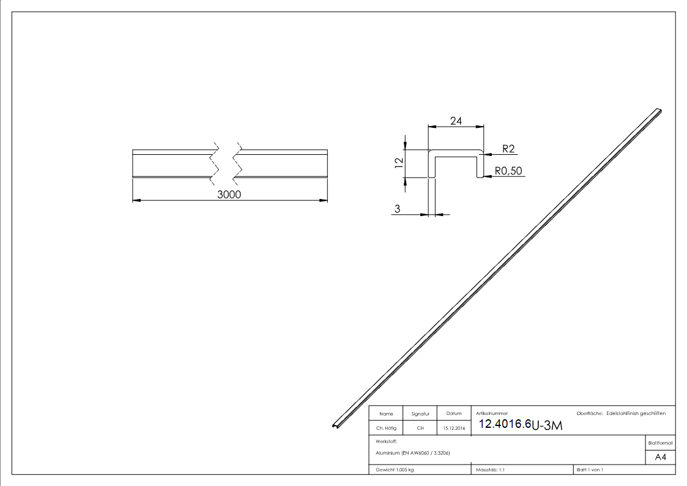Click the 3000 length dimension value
pyautogui.click(x=230, y=194)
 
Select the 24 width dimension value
pyautogui.click(x=456, y=121)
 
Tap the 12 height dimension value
pyautogui.click(x=399, y=163)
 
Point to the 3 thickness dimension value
pyautogui.click(x=397, y=209)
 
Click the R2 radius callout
pyautogui.click(x=508, y=149)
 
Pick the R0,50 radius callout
pyautogui.click(x=509, y=171)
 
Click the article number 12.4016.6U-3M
pyautogui.click(x=519, y=425)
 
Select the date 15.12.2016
pyautogui.click(x=453, y=428)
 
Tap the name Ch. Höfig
pyautogui.click(x=386, y=428)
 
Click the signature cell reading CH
pyautogui.click(x=420, y=428)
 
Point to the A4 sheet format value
pyautogui.click(x=661, y=457)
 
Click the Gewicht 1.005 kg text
pyautogui.click(x=395, y=469)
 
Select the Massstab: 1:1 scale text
pyautogui.click(x=490, y=469)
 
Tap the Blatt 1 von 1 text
pyautogui.click(x=590, y=469)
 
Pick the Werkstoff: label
pyautogui.click(x=387, y=441)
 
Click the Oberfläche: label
pyautogui.click(x=590, y=414)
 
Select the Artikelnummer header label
pyautogui.click(x=492, y=414)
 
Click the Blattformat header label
pyautogui.click(x=661, y=443)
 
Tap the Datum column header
pyautogui.click(x=453, y=414)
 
